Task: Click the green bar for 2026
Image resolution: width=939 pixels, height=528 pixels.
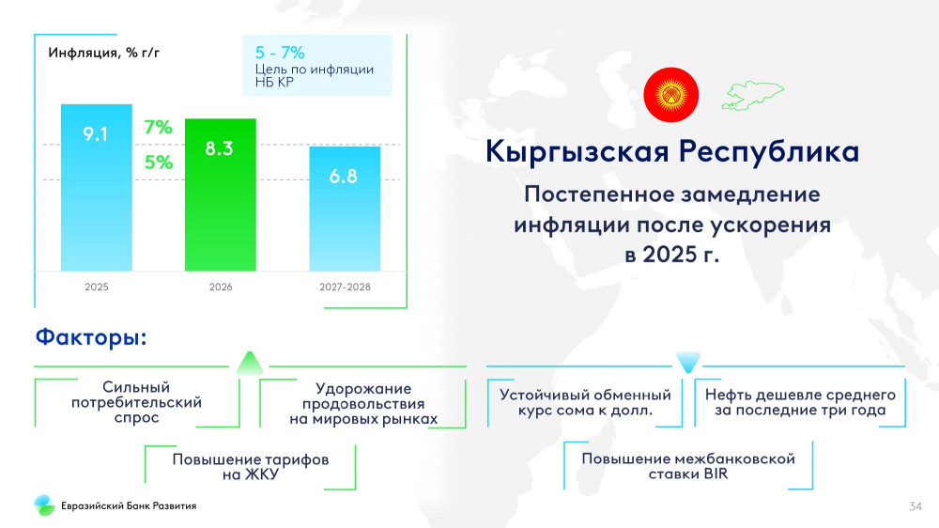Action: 221,194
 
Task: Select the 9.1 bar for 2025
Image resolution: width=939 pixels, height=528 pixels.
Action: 97,188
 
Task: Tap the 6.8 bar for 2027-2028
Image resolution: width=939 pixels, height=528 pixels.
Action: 345,209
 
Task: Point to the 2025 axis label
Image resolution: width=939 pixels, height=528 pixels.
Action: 97,287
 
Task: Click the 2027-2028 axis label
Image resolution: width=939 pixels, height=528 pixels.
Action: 345,287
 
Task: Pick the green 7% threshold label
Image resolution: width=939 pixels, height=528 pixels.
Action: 158,127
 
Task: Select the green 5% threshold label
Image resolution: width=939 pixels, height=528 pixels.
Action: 159,162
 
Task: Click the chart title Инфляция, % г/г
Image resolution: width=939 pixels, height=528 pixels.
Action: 103,53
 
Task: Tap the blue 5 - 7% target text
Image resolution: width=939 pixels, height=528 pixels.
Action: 280,53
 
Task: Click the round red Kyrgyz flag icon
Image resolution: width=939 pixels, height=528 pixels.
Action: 670,95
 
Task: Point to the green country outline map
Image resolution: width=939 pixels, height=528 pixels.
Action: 752,96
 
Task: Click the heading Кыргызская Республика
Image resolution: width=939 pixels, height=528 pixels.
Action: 672,151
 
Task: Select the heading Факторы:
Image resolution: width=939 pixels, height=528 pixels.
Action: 91,337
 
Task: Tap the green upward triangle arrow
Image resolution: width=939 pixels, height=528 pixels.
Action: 250,364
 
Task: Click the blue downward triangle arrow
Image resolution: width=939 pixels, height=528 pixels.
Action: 688,362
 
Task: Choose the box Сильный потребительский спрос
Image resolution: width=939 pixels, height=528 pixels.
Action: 136,402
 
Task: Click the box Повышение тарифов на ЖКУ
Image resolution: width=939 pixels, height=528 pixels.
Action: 251,467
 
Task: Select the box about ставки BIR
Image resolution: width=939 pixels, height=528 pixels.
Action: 688,466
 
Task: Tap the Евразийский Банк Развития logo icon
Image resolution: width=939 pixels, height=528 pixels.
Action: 44,505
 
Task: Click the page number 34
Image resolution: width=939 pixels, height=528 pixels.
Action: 915,506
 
